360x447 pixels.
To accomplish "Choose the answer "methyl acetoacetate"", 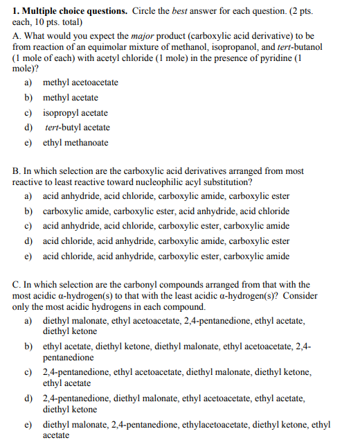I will tap(80, 82).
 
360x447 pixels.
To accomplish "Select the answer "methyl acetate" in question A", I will tap(71, 98).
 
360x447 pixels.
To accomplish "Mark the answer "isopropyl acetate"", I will tap(75, 112).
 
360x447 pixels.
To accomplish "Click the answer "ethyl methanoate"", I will tap(75, 143).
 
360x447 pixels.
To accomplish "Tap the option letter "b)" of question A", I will tap(29, 98).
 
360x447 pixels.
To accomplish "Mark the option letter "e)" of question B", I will tap(29, 256).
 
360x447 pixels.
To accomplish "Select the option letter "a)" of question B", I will tap(29, 196).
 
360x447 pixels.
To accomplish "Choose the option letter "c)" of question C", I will tap(29, 372).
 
